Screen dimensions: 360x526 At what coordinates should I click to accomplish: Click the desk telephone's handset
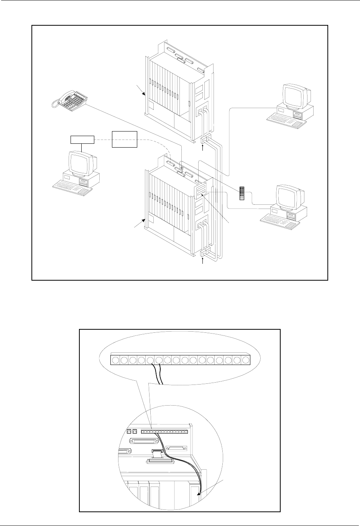point(61,100)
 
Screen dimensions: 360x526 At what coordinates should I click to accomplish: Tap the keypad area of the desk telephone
point(77,99)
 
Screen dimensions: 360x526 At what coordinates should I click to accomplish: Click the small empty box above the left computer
point(82,139)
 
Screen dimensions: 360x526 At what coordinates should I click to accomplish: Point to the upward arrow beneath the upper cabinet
point(203,148)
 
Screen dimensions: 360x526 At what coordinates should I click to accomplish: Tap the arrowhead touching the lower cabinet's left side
point(144,220)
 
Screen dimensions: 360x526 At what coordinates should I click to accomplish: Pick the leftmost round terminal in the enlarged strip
point(115,360)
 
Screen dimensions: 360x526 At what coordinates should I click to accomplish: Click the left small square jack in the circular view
point(129,432)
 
